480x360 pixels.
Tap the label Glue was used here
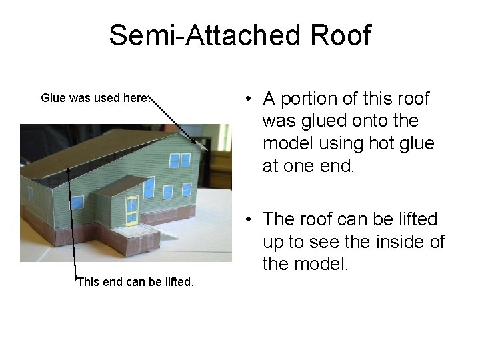(93, 98)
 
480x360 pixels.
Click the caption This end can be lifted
(135, 281)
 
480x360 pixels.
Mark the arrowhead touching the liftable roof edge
(69, 168)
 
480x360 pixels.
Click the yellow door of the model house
(132, 210)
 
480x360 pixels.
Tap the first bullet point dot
(247, 99)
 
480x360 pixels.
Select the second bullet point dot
(247, 219)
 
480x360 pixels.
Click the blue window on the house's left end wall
(30, 194)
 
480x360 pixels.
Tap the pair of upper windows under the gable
(179, 160)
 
